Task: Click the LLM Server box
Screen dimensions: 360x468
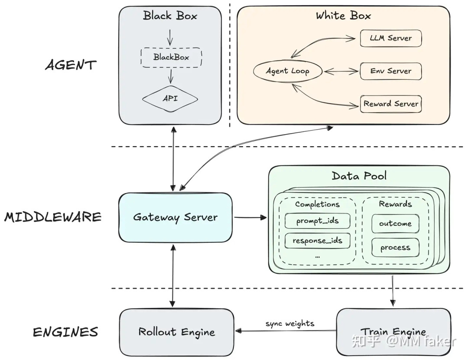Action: coord(390,38)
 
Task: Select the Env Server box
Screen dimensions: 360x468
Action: coord(390,71)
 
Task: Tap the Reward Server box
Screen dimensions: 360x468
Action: coord(390,104)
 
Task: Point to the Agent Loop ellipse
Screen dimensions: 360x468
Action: coord(287,71)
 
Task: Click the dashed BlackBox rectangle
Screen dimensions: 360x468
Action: coord(171,57)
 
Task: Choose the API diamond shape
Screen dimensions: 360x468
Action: coord(170,98)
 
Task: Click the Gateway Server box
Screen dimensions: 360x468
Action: coord(175,217)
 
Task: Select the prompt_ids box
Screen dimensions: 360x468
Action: coord(317,221)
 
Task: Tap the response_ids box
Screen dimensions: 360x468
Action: coord(317,240)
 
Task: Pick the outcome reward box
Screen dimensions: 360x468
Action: coord(395,224)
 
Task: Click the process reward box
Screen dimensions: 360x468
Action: coord(395,248)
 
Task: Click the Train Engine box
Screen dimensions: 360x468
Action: coord(393,332)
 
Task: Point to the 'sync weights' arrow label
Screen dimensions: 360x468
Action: coord(290,324)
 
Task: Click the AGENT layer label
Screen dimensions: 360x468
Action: coord(71,65)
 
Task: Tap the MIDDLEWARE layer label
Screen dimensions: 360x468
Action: coord(53,217)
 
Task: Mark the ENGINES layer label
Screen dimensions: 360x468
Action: coord(65,333)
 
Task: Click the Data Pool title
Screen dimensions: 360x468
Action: coord(359,176)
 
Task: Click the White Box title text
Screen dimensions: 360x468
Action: coord(343,16)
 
